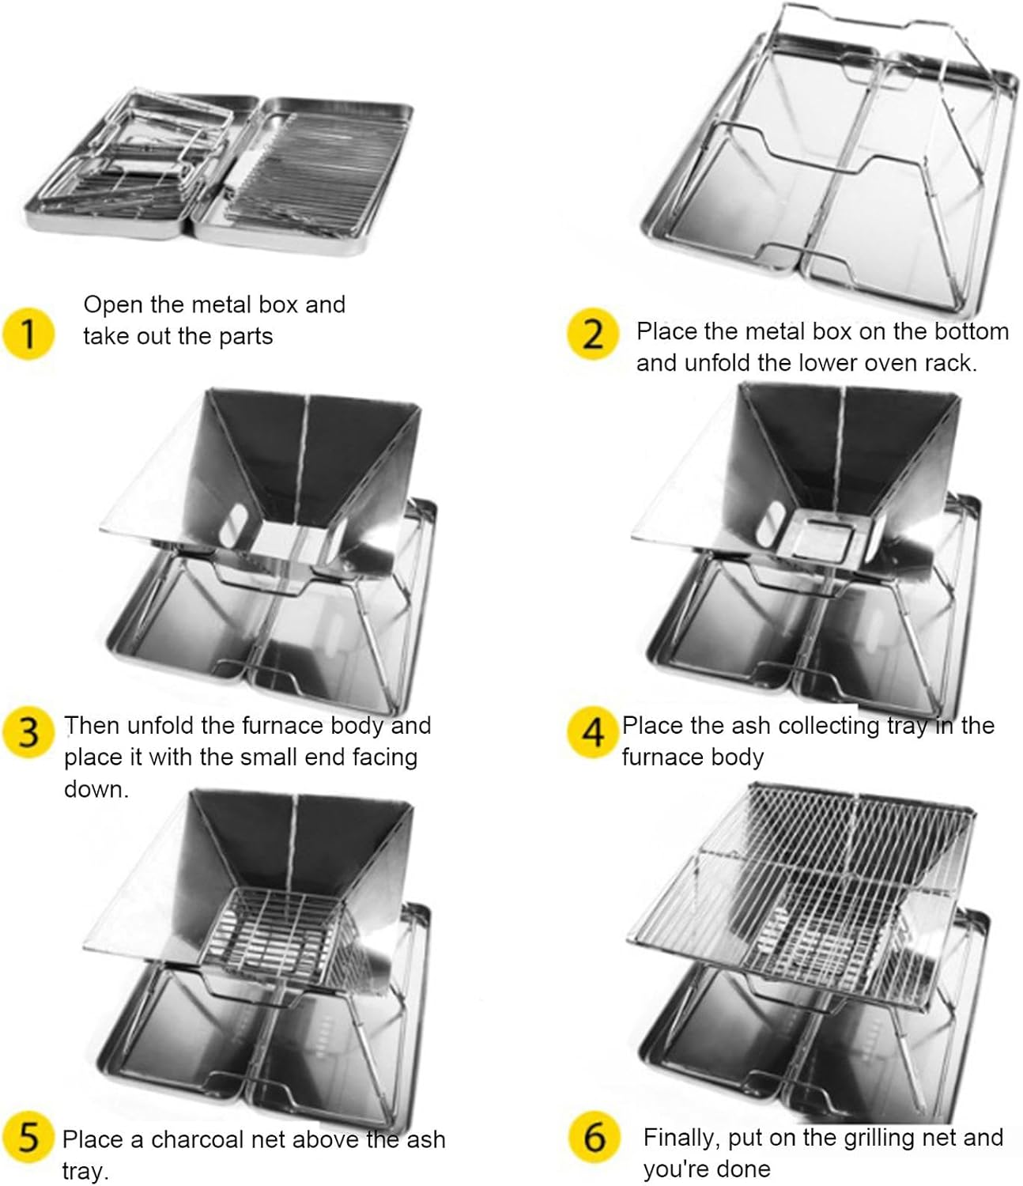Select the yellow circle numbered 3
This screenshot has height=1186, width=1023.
[28, 733]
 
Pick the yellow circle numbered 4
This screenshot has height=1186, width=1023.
[592, 733]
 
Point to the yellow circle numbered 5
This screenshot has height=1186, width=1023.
[28, 1139]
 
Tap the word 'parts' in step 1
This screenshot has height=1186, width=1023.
[246, 338]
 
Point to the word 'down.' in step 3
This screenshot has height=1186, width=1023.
[96, 789]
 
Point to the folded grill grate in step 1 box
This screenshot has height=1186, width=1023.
[302, 172]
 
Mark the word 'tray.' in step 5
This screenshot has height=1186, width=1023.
[85, 1171]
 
